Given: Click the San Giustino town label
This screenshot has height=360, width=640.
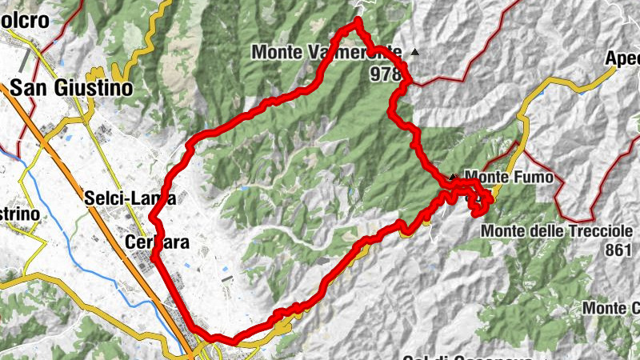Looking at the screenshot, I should click(71, 89).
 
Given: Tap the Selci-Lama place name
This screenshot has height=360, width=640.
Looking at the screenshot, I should click(130, 198).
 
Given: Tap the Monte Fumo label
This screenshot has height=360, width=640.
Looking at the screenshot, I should click(509, 177).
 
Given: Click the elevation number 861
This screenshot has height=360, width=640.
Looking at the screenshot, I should click(618, 250).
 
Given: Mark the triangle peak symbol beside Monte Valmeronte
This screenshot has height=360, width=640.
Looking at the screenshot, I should click(414, 53).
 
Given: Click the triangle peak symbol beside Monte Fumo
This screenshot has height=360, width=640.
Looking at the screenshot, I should click(454, 176).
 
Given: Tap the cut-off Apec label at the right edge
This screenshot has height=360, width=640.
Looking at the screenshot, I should click(622, 59).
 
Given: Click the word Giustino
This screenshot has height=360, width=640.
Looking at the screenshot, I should click(94, 89).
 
